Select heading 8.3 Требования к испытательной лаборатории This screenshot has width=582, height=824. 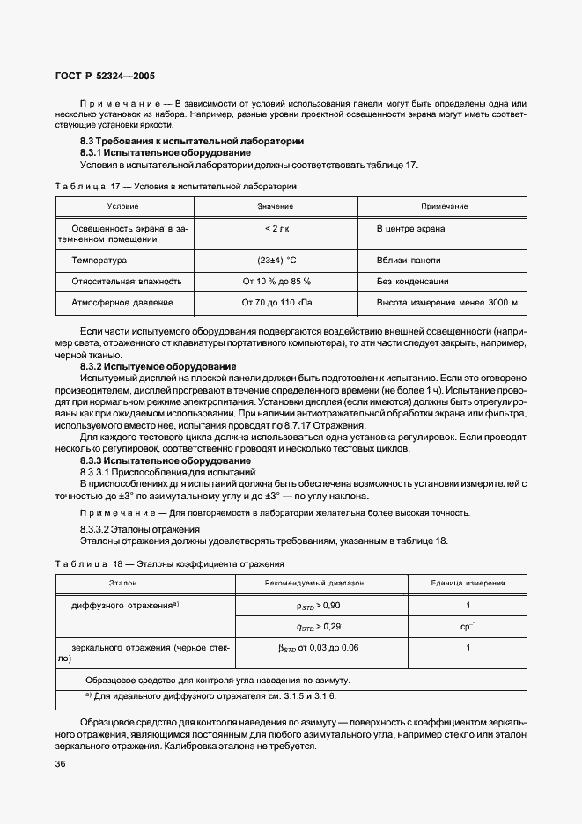click(x=192, y=141)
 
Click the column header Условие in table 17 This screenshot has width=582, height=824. click(x=122, y=206)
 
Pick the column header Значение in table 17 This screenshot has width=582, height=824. click(x=276, y=206)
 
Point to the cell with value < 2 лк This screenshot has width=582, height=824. click(x=276, y=229)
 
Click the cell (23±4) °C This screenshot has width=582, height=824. click(x=276, y=261)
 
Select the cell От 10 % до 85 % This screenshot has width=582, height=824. click(x=276, y=282)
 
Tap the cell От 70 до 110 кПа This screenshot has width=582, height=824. click(x=276, y=303)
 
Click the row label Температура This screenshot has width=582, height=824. click(x=99, y=261)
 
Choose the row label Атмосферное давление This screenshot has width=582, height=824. click(x=122, y=303)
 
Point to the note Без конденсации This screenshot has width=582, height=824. click(x=412, y=282)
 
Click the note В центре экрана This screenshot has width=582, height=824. click(x=410, y=229)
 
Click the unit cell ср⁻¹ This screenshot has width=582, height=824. click(x=468, y=627)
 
